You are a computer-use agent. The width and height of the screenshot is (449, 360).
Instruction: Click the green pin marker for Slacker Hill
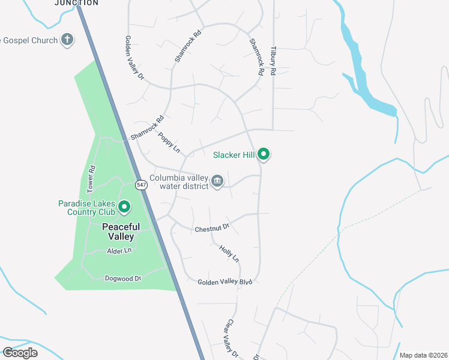pyautogui.click(x=264, y=154)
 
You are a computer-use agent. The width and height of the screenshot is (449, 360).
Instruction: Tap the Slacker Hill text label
pyautogui.click(x=234, y=155)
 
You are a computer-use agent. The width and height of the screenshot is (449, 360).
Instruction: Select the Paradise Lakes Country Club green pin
pyautogui.click(x=124, y=207)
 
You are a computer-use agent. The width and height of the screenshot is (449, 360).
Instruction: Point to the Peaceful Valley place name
pyautogui.click(x=121, y=232)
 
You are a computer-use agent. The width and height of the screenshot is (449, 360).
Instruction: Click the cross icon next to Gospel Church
pyautogui.click(x=68, y=40)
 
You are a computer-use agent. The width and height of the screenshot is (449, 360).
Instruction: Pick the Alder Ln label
pyautogui.click(x=119, y=251)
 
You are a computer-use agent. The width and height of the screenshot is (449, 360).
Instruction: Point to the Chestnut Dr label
pyautogui.click(x=212, y=229)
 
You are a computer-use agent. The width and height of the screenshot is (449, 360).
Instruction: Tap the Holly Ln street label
pyautogui.click(x=229, y=253)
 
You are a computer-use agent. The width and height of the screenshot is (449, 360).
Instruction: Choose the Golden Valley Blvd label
pyautogui.click(x=224, y=281)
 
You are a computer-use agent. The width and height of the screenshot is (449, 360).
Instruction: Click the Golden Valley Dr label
pyautogui.click(x=134, y=58)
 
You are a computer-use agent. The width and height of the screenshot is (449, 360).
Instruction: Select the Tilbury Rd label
pyautogui.click(x=273, y=61)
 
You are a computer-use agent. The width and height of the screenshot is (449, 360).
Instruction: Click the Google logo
pyautogui.click(x=20, y=352)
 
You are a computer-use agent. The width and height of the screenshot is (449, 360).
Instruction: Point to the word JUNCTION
pyautogui.click(x=76, y=3)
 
